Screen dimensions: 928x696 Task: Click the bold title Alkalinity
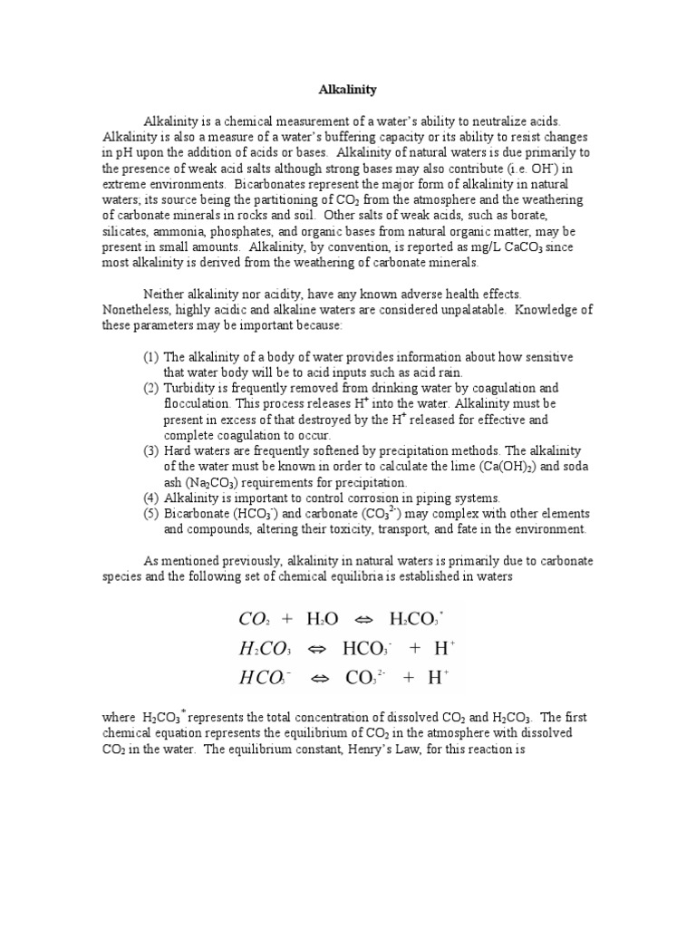click(x=347, y=90)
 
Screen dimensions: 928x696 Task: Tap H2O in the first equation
click(x=322, y=619)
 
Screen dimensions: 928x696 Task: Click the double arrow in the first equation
click(x=363, y=619)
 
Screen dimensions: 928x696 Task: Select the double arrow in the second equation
click(x=318, y=648)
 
